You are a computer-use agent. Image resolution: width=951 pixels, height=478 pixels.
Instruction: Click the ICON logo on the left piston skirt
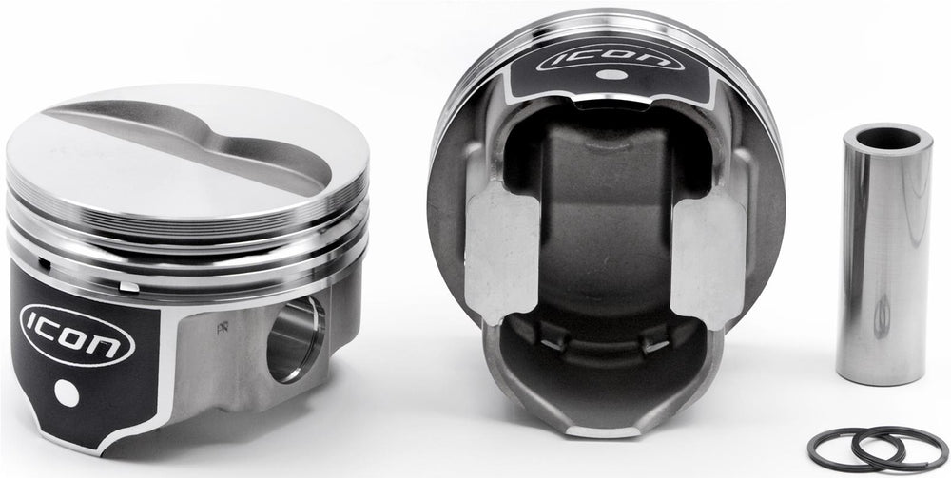pyautogui.click(x=77, y=335)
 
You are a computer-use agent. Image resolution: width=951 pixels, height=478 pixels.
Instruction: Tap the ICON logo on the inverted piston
pyautogui.click(x=611, y=58)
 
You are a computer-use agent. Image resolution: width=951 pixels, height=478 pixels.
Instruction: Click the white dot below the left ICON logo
pyautogui.click(x=67, y=393)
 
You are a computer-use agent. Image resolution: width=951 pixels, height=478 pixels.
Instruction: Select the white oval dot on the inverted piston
pyautogui.click(x=611, y=75)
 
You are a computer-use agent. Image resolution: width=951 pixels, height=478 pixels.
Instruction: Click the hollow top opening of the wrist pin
pyautogui.click(x=887, y=139)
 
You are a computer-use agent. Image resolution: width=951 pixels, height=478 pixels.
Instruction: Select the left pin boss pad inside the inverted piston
pyautogui.click(x=501, y=253)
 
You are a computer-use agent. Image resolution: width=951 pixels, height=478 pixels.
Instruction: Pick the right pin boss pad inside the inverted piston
pyautogui.click(x=708, y=258)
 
